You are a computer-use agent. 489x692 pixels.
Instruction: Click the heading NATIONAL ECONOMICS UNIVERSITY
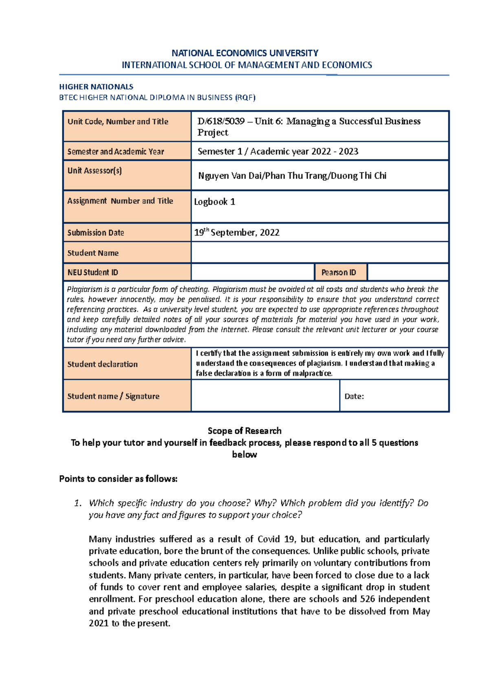(x=244, y=53)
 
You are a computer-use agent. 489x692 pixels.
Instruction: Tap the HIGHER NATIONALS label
(x=96, y=87)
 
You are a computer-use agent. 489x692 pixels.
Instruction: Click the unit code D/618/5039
(x=221, y=121)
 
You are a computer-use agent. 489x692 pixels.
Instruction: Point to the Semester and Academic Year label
(x=115, y=152)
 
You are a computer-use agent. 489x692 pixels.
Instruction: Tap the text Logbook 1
(x=214, y=202)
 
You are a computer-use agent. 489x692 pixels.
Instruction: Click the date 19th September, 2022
(x=236, y=233)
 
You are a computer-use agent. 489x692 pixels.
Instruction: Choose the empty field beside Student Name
(x=319, y=253)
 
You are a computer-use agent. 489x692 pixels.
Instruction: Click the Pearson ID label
(x=339, y=272)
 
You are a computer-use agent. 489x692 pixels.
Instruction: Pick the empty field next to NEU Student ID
(x=253, y=272)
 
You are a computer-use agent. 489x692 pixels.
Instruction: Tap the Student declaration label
(x=102, y=364)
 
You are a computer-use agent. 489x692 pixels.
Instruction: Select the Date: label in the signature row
(x=354, y=396)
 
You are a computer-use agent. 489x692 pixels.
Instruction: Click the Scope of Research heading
(x=244, y=431)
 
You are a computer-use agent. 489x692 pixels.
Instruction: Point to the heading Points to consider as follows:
(x=118, y=479)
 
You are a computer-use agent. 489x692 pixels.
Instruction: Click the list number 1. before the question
(x=78, y=503)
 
